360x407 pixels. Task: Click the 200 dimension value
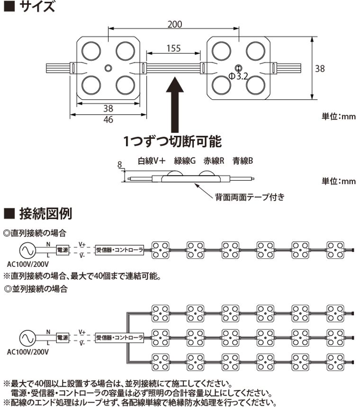175,25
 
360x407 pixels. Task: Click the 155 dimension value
174,48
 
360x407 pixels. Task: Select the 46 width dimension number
108,120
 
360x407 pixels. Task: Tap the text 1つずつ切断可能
172,142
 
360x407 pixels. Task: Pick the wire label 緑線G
184,160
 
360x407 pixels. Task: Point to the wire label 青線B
243,160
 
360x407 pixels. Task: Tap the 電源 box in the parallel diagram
62,337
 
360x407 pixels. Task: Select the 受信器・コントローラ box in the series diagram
119,249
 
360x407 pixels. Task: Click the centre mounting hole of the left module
108,67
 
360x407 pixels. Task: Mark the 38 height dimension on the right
320,69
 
